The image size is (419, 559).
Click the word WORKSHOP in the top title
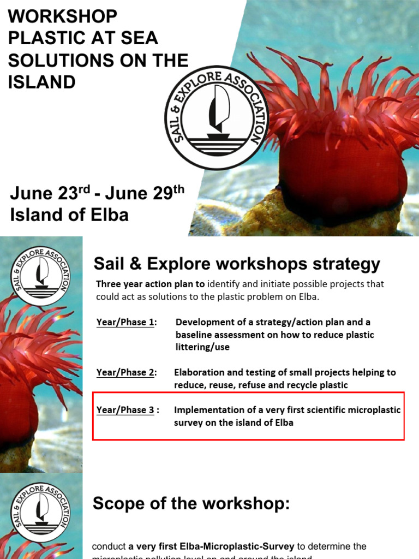coord(62,16)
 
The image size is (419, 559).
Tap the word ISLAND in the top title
coord(41,82)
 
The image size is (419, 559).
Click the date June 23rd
coord(50,193)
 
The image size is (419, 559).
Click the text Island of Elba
coord(69,215)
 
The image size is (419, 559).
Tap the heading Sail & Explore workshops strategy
coord(237,264)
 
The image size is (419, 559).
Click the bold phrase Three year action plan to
coord(151,284)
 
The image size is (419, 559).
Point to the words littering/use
coord(202,347)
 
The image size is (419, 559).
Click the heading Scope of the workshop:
coord(191,504)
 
